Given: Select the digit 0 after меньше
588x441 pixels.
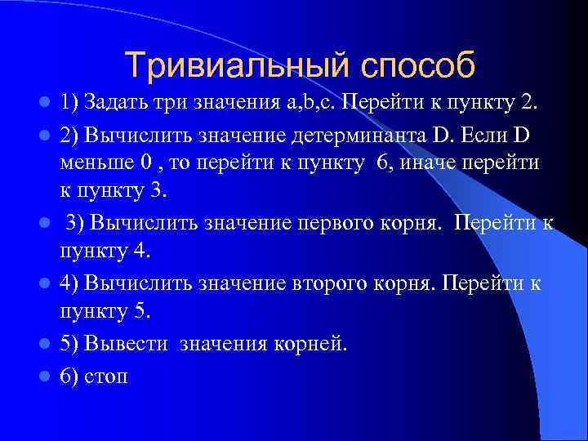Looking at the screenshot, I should (146, 162).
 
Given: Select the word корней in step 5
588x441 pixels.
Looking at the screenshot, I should (315, 344).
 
